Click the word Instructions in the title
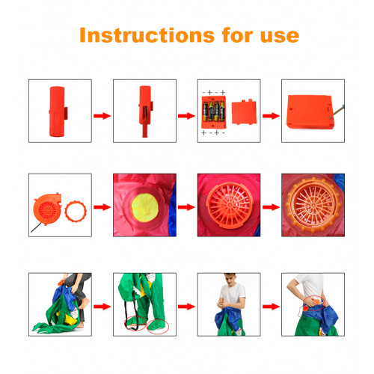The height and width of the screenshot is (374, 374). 147,35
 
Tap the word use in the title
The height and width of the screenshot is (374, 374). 280,36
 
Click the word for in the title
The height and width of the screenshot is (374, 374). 237,35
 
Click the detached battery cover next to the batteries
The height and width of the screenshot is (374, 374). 244,112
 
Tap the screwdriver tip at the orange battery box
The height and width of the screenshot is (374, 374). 331,117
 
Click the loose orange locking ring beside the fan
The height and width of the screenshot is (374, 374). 76,211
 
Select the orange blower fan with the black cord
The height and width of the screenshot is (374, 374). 47,209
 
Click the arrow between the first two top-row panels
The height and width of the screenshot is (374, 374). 102,116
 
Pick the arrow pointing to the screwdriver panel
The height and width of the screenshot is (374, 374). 271,116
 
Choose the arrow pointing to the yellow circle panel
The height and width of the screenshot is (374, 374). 102,207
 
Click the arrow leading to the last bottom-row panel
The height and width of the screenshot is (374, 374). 271,307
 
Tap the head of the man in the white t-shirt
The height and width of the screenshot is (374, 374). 230,278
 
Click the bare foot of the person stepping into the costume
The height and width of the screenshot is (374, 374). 85,304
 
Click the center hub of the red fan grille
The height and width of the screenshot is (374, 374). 230,205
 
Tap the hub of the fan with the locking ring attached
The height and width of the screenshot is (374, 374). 313,205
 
